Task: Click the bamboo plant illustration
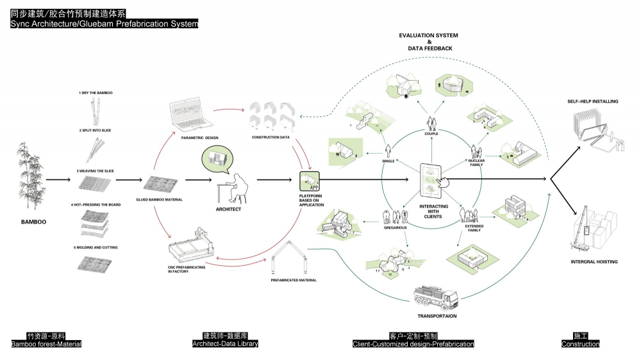coord(30,176)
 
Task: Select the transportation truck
coord(436,298)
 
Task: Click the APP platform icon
coord(310,181)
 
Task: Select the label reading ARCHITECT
coord(228,209)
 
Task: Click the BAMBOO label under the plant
coord(33,222)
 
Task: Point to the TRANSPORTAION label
coord(437,316)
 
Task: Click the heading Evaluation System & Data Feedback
coord(429,42)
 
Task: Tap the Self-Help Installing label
coord(593,101)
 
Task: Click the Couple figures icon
coord(431,124)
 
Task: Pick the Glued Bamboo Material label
coord(160,200)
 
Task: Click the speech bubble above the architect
coord(217,160)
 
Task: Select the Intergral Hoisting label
coord(594,261)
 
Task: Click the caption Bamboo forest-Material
coord(46,344)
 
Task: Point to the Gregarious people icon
coord(395,217)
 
